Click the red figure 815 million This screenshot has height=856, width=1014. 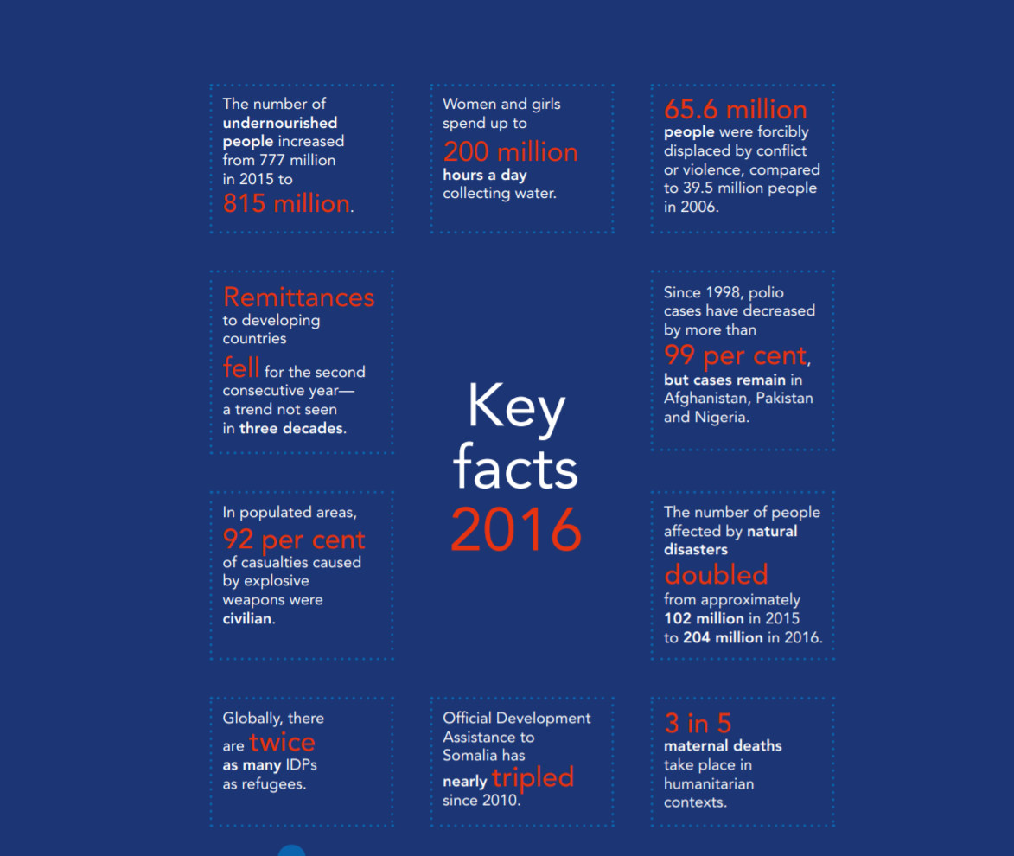coord(286,204)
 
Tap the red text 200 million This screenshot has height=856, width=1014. coord(510,152)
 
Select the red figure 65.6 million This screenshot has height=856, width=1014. coord(735,110)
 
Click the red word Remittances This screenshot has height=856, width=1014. coord(298,297)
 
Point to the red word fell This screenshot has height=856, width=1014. coord(240,368)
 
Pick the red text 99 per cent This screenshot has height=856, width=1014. coord(735,355)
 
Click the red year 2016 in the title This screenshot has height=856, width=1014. coord(516,529)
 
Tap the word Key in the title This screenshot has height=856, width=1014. coord(516,406)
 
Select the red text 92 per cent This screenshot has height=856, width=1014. coord(294,540)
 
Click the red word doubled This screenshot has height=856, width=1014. coord(716,575)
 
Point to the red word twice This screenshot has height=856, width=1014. coord(282,743)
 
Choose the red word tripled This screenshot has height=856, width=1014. coord(533,777)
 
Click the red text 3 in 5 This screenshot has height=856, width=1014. coord(698,724)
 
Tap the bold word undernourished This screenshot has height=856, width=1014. coord(280,123)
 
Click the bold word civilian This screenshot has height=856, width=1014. coord(247,618)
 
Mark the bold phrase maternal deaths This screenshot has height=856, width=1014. coord(723,745)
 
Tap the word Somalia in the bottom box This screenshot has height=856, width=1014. coord(471,756)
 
